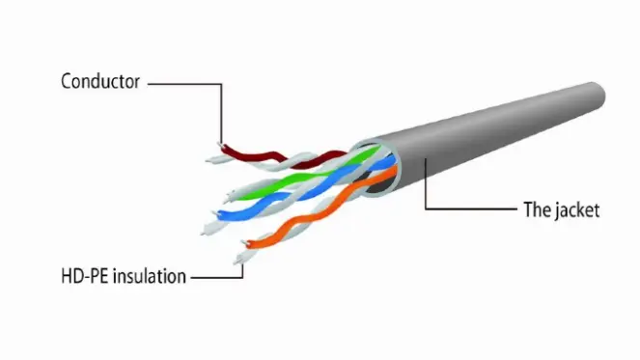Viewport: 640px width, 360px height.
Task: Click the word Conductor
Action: [x=100, y=81]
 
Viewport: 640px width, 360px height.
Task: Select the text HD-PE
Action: [x=84, y=276]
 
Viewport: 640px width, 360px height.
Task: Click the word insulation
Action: [x=150, y=276]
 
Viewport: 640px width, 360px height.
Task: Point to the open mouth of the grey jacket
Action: [x=376, y=168]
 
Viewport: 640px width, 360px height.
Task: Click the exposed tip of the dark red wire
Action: [x=221, y=146]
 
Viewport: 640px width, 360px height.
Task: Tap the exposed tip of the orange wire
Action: [x=245, y=243]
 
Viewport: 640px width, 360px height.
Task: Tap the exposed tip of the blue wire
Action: [x=215, y=213]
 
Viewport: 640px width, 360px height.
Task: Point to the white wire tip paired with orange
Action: [x=237, y=261]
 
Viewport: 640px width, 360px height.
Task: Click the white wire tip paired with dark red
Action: [x=209, y=161]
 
